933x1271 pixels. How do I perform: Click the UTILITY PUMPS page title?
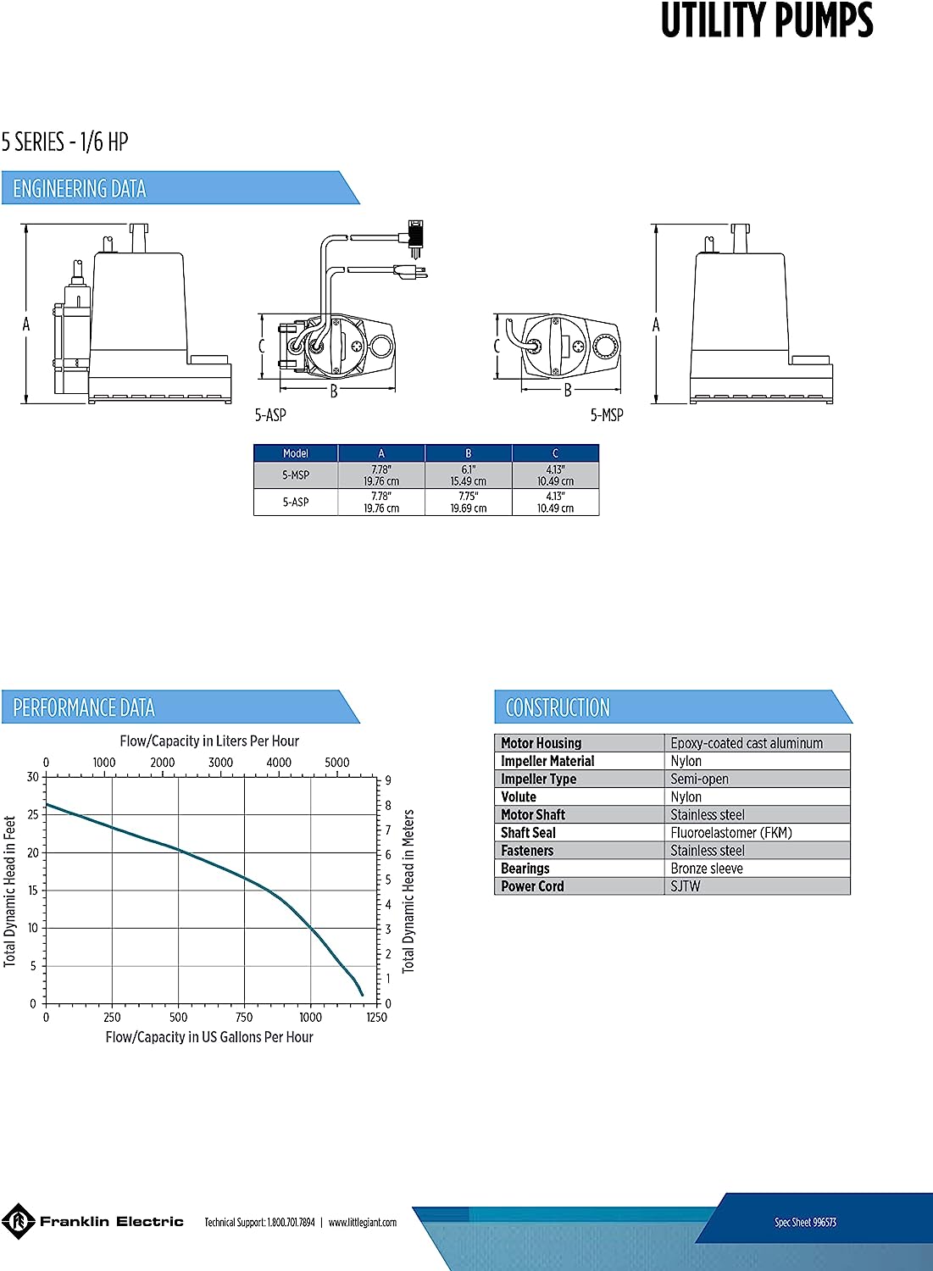[x=766, y=21]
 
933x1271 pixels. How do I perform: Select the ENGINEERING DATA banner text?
[x=80, y=189]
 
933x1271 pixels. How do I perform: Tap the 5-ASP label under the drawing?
[x=270, y=415]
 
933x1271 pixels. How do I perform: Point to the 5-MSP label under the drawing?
[x=607, y=415]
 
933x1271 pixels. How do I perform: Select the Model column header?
[x=296, y=453]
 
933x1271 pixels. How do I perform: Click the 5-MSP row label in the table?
[x=296, y=475]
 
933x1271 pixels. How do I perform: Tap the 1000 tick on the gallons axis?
[x=310, y=1017]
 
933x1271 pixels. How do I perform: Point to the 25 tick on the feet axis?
[x=33, y=814]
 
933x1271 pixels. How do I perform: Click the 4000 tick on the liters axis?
[x=279, y=763]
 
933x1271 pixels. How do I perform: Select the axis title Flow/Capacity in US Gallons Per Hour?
[x=209, y=1037]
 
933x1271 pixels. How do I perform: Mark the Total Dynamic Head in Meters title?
[x=408, y=891]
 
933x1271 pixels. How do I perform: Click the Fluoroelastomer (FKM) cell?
[x=731, y=833]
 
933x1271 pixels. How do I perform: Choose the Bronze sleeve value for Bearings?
[x=707, y=869]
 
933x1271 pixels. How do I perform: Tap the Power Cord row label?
[x=532, y=886]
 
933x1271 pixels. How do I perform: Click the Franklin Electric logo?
[x=93, y=1222]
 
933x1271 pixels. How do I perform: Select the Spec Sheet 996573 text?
[x=805, y=1222]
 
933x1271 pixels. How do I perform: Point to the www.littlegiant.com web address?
[x=363, y=1223]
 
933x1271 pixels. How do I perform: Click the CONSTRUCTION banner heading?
[x=558, y=708]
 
